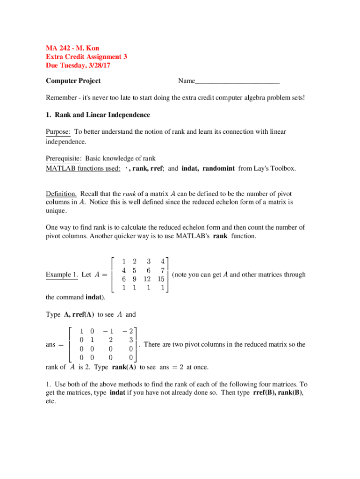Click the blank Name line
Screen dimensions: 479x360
[x=237, y=81]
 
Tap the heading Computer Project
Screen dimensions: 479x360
[x=73, y=81]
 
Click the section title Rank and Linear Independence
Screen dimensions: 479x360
[x=102, y=115]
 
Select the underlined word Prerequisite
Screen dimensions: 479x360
[x=64, y=158]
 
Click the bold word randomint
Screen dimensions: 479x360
[x=219, y=168]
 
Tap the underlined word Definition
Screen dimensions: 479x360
[x=61, y=194]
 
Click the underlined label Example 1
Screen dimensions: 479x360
[x=62, y=275]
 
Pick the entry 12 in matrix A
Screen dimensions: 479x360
[x=148, y=279]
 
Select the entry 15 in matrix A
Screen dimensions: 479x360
[x=160, y=279]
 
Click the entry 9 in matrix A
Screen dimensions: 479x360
[x=134, y=279]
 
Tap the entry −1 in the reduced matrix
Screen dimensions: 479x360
[x=109, y=331]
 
